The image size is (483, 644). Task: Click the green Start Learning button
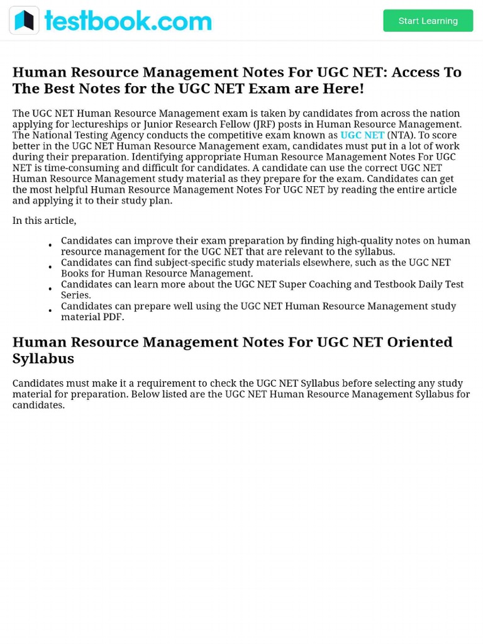tap(428, 21)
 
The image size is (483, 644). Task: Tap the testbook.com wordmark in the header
tap(128, 21)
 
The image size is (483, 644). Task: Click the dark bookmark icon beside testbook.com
tap(25, 21)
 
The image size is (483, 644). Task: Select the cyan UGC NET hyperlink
tap(362, 135)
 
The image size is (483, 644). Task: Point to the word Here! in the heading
tap(343, 89)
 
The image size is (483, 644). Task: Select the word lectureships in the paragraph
tap(98, 125)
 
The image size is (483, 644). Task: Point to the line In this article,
tap(44, 221)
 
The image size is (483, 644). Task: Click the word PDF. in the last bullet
tap(113, 317)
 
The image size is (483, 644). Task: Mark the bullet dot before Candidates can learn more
tap(50, 289)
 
